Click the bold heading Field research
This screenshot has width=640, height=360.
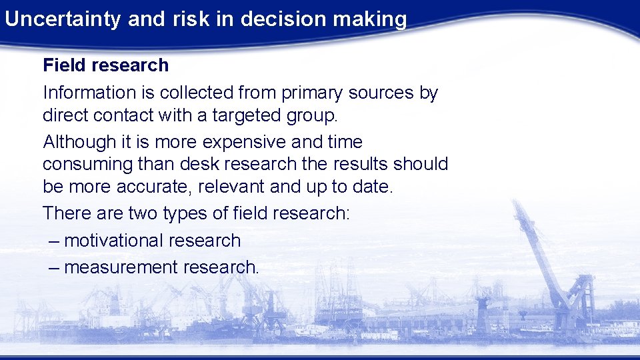coord(105,65)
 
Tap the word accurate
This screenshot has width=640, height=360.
coord(159,187)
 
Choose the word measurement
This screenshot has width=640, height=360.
coord(122,267)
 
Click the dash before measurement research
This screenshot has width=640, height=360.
coord(55,267)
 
